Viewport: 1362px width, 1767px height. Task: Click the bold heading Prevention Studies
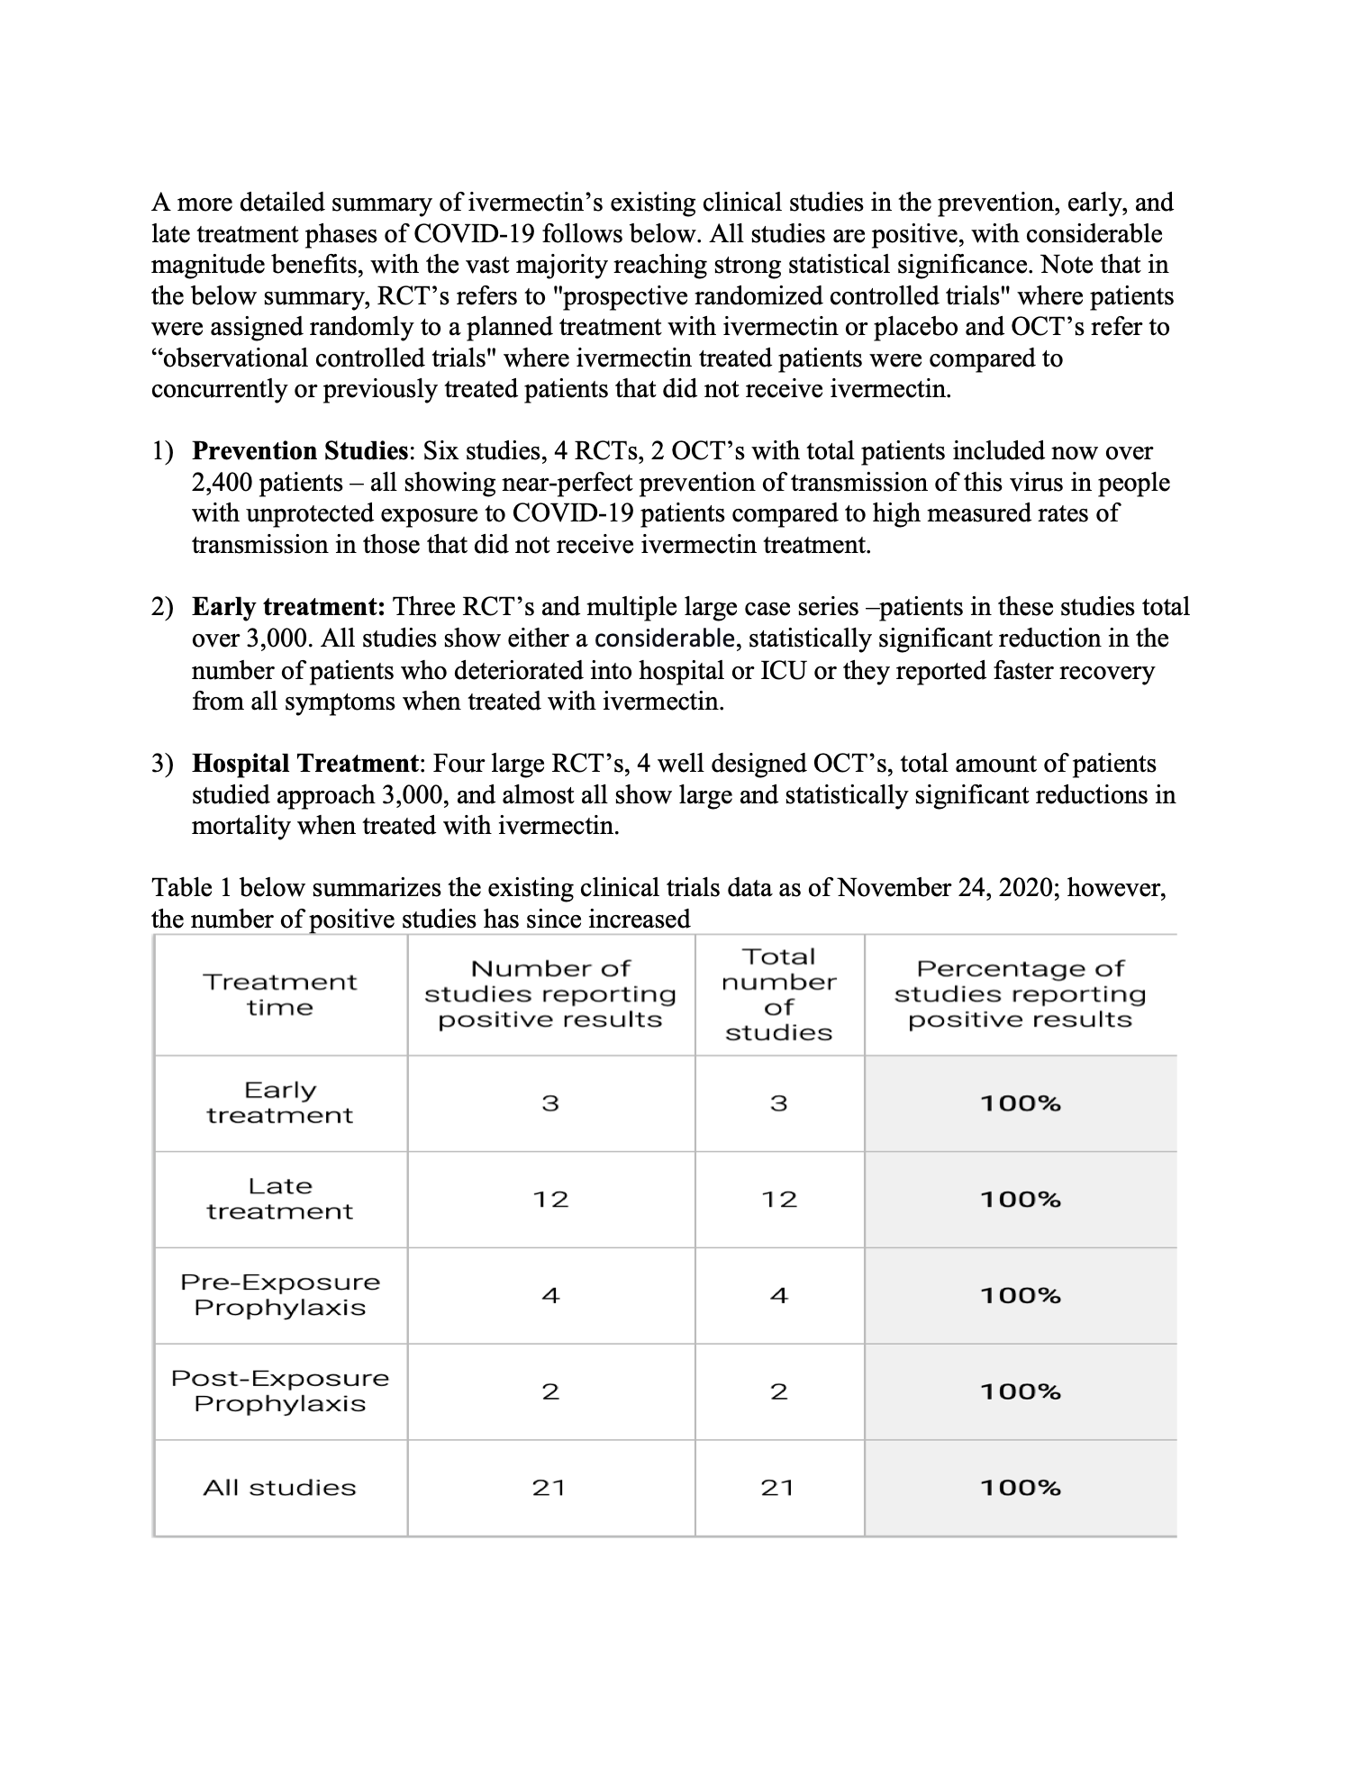point(301,450)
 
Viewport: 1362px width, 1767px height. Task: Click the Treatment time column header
point(279,994)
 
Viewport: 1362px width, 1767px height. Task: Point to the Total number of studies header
point(778,994)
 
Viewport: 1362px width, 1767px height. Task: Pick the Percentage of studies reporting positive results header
point(1020,994)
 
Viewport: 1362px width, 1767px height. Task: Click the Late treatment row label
point(279,1199)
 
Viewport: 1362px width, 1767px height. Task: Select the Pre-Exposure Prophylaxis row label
point(279,1294)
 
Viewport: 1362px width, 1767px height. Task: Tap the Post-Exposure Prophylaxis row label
point(279,1391)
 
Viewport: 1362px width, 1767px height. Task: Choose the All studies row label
point(279,1487)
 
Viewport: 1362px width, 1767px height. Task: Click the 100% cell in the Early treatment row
point(1020,1103)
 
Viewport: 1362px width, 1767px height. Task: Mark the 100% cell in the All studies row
point(1020,1487)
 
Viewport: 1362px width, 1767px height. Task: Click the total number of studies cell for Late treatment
point(778,1199)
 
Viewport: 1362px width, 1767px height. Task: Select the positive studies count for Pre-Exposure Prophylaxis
point(550,1295)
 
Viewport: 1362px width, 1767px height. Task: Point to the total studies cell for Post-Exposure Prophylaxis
point(778,1391)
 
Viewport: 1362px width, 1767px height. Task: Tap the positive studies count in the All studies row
point(549,1487)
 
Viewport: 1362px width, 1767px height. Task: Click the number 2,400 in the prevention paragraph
point(222,483)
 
